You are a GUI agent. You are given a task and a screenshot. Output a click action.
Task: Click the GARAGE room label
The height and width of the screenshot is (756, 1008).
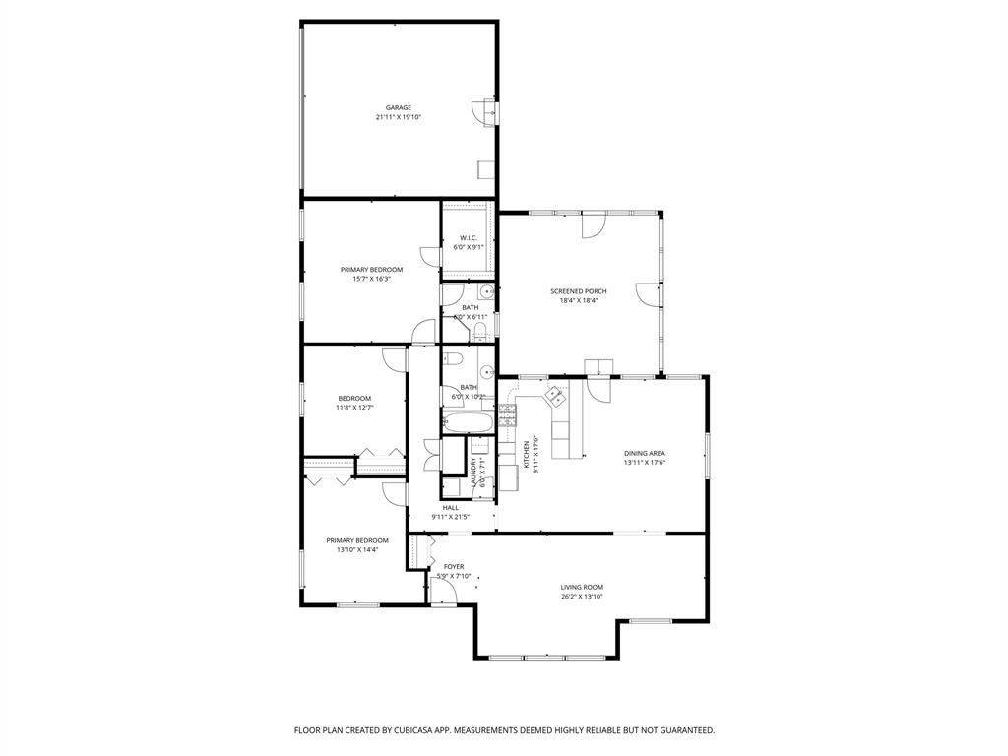click(x=398, y=107)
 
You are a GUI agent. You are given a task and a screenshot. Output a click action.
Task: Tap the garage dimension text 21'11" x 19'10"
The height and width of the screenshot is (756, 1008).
click(x=398, y=117)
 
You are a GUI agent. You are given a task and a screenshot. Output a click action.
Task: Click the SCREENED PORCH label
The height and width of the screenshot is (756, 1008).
click(x=578, y=291)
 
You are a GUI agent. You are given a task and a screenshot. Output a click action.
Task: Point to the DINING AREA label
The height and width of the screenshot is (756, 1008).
click(x=645, y=453)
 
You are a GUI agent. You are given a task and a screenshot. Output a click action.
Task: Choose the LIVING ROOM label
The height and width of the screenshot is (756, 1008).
click(x=581, y=587)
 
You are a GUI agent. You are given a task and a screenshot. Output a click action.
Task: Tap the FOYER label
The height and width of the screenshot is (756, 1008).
click(x=454, y=567)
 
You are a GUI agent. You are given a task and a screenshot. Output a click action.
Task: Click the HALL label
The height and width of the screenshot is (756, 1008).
click(x=450, y=507)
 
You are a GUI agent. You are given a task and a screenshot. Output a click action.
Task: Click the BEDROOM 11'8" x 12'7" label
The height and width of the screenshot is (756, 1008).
click(x=353, y=398)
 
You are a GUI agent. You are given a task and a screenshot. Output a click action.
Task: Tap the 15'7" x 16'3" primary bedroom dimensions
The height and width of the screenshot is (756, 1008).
click(x=371, y=279)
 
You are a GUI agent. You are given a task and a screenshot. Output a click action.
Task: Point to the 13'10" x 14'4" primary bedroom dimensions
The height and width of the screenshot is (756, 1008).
click(x=357, y=549)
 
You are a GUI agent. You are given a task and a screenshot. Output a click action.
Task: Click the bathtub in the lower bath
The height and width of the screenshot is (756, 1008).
click(x=468, y=423)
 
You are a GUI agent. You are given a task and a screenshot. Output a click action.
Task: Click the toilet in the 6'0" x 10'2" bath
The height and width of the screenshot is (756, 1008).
click(x=452, y=358)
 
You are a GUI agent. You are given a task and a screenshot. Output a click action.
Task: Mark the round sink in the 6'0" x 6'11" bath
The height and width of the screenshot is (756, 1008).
click(x=486, y=293)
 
